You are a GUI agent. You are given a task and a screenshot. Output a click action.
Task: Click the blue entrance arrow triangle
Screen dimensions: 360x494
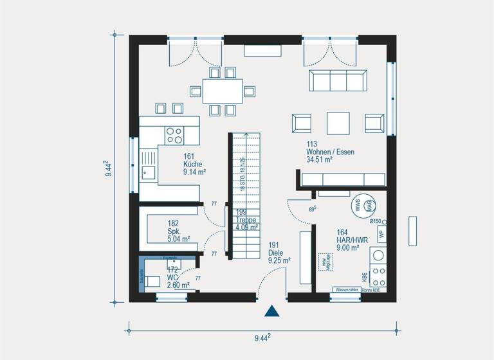point(272,311)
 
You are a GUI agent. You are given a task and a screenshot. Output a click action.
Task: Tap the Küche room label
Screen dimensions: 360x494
point(193,164)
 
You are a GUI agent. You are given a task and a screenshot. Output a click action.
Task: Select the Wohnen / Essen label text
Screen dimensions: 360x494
point(330,152)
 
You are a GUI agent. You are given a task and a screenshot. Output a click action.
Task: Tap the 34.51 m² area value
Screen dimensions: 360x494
point(320,160)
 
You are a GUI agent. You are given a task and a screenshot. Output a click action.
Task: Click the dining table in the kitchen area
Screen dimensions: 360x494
point(223,91)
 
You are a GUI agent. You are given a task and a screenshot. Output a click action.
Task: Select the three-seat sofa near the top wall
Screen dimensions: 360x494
point(338,81)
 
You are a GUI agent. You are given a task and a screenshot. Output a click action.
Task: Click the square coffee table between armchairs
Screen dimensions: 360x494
point(338,122)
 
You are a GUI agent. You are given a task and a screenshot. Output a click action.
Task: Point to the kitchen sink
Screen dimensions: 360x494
point(149,171)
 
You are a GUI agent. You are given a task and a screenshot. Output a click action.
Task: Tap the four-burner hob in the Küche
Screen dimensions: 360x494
point(174,134)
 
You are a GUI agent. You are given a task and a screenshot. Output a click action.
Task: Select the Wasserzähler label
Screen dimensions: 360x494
point(346,290)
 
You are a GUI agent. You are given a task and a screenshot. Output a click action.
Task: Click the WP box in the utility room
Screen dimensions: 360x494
point(381,234)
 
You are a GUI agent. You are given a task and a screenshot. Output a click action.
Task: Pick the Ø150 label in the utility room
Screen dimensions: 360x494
point(376,221)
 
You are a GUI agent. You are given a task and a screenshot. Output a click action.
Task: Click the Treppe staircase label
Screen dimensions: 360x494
point(246,219)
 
